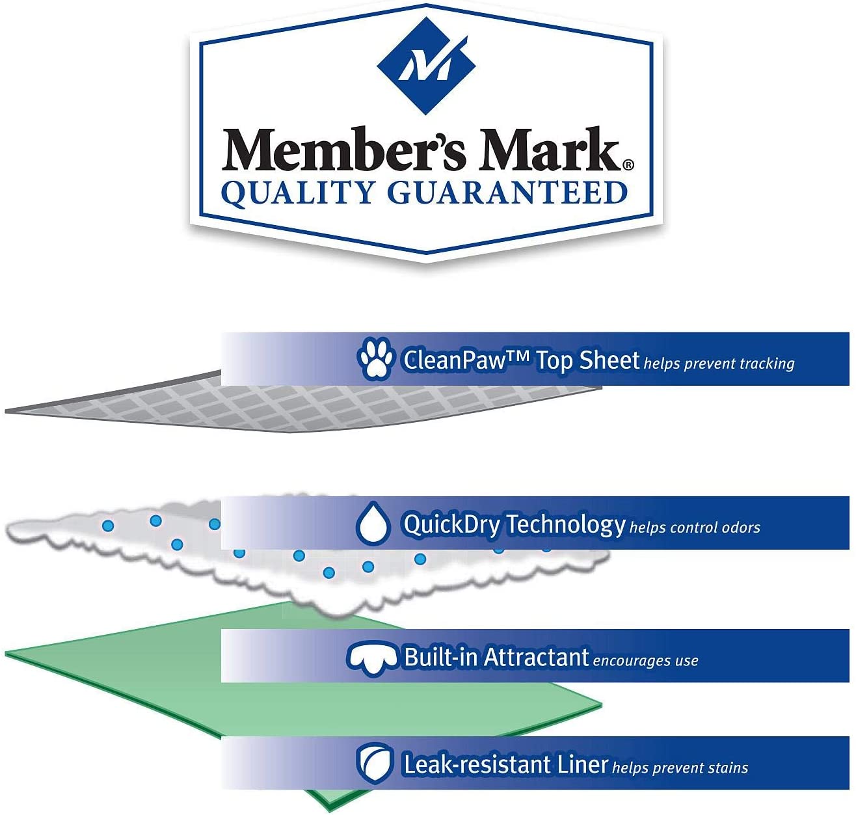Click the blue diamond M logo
point(427,65)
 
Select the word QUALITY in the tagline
point(299,193)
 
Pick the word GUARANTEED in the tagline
point(507,193)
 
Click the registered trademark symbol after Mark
point(628,165)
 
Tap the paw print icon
point(375,358)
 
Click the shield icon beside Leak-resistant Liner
point(375,763)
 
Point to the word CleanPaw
point(454,360)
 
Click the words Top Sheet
point(587,360)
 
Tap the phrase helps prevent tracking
point(719,363)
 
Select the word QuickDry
point(451,524)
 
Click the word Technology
point(565,524)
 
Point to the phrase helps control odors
point(695,527)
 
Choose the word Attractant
point(537,657)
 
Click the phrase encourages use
point(645,661)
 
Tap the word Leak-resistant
point(477,764)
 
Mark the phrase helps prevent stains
point(680,768)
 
